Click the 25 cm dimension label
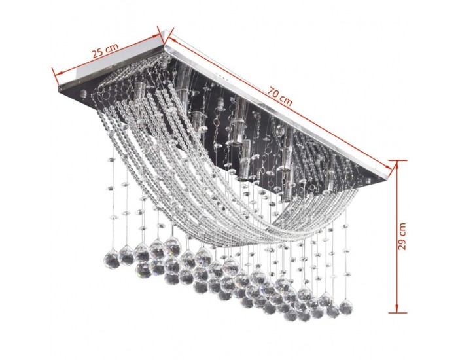click(x=105, y=50)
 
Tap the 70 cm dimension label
click(x=279, y=96)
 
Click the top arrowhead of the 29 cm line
click(x=397, y=166)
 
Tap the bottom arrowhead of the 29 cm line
click(x=397, y=308)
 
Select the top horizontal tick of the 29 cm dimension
click(x=398, y=160)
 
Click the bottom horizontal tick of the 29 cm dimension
click(x=398, y=313)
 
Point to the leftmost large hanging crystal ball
click(x=112, y=261)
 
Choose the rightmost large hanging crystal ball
click(x=346, y=308)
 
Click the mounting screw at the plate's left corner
click(x=83, y=94)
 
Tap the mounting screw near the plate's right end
click(x=368, y=181)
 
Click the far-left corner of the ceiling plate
click(x=58, y=87)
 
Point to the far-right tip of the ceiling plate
click(x=388, y=179)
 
